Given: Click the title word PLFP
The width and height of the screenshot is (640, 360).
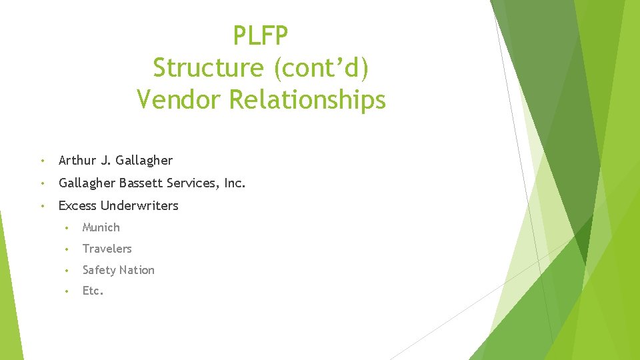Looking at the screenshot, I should point(261,35).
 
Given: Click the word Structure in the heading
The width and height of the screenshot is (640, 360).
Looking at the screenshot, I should point(208,67).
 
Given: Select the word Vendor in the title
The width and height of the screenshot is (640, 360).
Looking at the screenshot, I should point(179,99).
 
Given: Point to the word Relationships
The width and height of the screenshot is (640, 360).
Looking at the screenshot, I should point(307,99).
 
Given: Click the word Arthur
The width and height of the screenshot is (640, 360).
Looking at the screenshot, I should point(77,160).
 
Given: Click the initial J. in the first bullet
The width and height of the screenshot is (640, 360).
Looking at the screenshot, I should point(105,160).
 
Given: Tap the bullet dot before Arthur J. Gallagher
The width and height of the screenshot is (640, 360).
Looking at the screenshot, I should point(42,161).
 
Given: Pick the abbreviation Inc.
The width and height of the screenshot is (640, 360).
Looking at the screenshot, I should point(235,183).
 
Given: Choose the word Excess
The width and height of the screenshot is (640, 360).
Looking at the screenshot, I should point(77,205).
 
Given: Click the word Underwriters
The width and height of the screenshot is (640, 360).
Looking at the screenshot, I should point(139,205).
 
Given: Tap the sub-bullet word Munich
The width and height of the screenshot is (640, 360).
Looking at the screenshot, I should point(101,227).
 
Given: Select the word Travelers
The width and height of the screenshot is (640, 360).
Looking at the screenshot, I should point(107,249).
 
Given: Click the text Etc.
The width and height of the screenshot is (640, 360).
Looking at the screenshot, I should point(93,291).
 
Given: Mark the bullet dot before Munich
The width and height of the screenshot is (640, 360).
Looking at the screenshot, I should point(67,228).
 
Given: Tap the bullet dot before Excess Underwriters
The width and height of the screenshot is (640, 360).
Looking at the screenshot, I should point(42,206).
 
